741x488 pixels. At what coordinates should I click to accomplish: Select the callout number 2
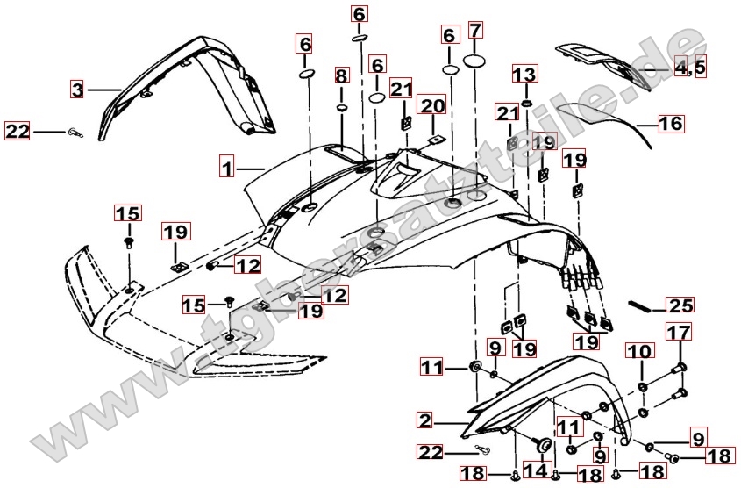425,421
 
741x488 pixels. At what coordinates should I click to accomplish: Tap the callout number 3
78,89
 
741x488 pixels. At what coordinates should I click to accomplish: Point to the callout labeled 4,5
689,67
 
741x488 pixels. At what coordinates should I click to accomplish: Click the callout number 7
475,32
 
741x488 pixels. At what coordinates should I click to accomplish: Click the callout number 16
670,124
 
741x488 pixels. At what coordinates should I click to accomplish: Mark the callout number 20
431,107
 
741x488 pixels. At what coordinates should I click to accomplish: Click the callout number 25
680,305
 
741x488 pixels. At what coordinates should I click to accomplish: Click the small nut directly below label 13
524,104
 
